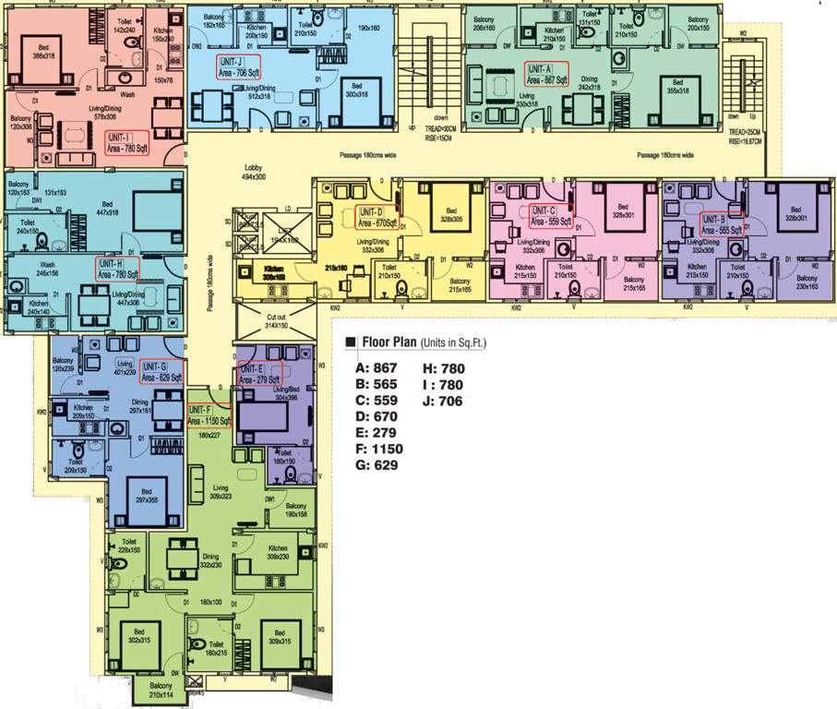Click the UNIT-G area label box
pyautogui.click(x=162, y=372)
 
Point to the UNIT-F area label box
pyautogui.click(x=209, y=415)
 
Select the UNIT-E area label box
pyautogui.click(x=259, y=373)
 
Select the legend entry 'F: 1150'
pyautogui.click(x=379, y=449)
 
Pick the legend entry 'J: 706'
pyautogui.click(x=442, y=402)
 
